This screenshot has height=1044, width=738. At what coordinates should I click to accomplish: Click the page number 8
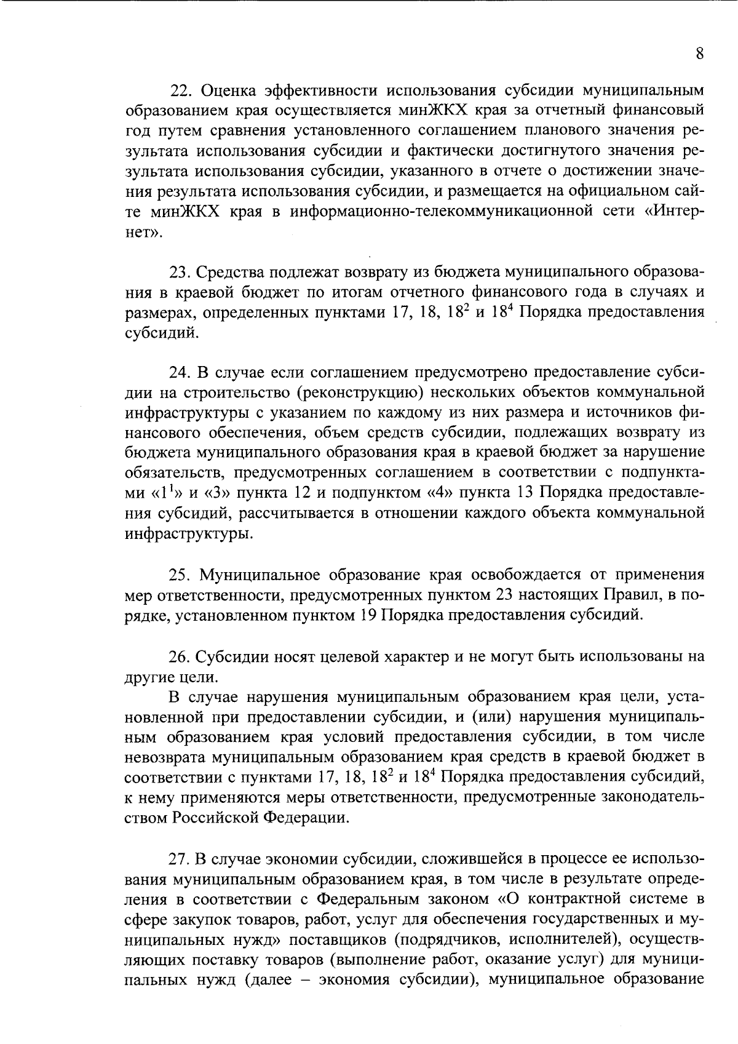click(x=699, y=54)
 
